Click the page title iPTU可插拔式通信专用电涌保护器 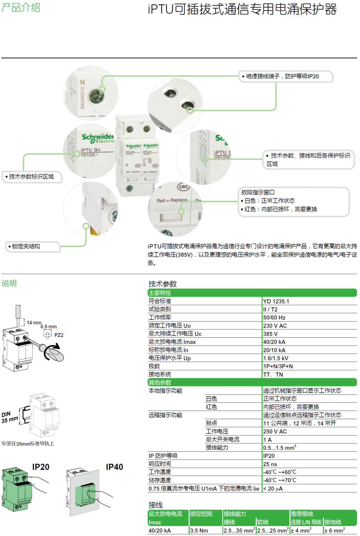point(242,9)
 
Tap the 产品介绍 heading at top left point(21,8)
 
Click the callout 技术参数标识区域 point(31,177)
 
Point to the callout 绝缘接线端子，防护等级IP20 point(282,76)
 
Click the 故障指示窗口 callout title point(258,192)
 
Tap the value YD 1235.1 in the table point(276,301)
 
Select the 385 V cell point(270,334)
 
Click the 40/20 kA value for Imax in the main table point(274,342)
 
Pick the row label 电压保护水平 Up point(170,358)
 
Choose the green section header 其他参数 point(160,382)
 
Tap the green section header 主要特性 point(160,293)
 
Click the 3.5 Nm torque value point(199,531)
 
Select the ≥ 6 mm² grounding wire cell point(334,531)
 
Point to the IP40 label point(114,467)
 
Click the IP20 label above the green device point(41,467)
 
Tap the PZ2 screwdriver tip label point(59,335)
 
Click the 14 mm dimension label point(34,323)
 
